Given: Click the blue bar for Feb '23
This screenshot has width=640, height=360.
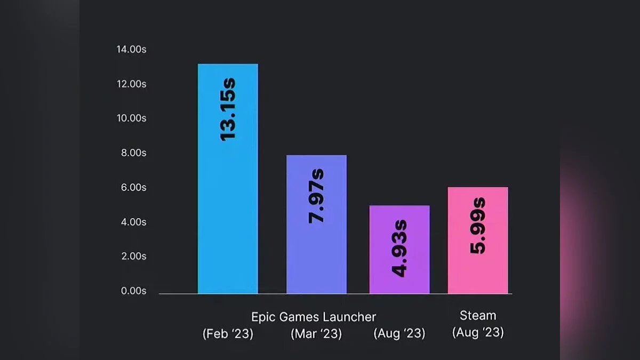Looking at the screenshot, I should tap(228, 213).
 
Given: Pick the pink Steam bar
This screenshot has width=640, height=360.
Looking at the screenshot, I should tap(478, 267).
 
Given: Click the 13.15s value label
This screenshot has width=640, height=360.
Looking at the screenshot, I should tap(228, 109).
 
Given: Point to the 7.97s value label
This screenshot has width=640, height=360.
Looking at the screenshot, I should tap(317, 195).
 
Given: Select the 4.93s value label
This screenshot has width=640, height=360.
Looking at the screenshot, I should tap(399, 248).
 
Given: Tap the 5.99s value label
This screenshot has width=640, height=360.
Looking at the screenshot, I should tap(478, 225).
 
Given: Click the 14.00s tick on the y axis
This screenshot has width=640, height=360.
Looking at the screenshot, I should tap(131, 50).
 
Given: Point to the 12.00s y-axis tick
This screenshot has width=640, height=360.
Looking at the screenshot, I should tap(131, 84).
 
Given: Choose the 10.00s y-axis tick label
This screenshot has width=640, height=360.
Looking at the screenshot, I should tap(131, 118).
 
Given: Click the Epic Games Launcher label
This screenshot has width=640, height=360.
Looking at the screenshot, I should tap(314, 317).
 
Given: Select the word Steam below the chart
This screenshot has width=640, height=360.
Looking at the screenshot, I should tap(478, 316).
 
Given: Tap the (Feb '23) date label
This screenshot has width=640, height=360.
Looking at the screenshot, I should tap(228, 334).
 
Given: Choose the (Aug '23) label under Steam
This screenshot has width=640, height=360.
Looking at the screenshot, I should tap(478, 333).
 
